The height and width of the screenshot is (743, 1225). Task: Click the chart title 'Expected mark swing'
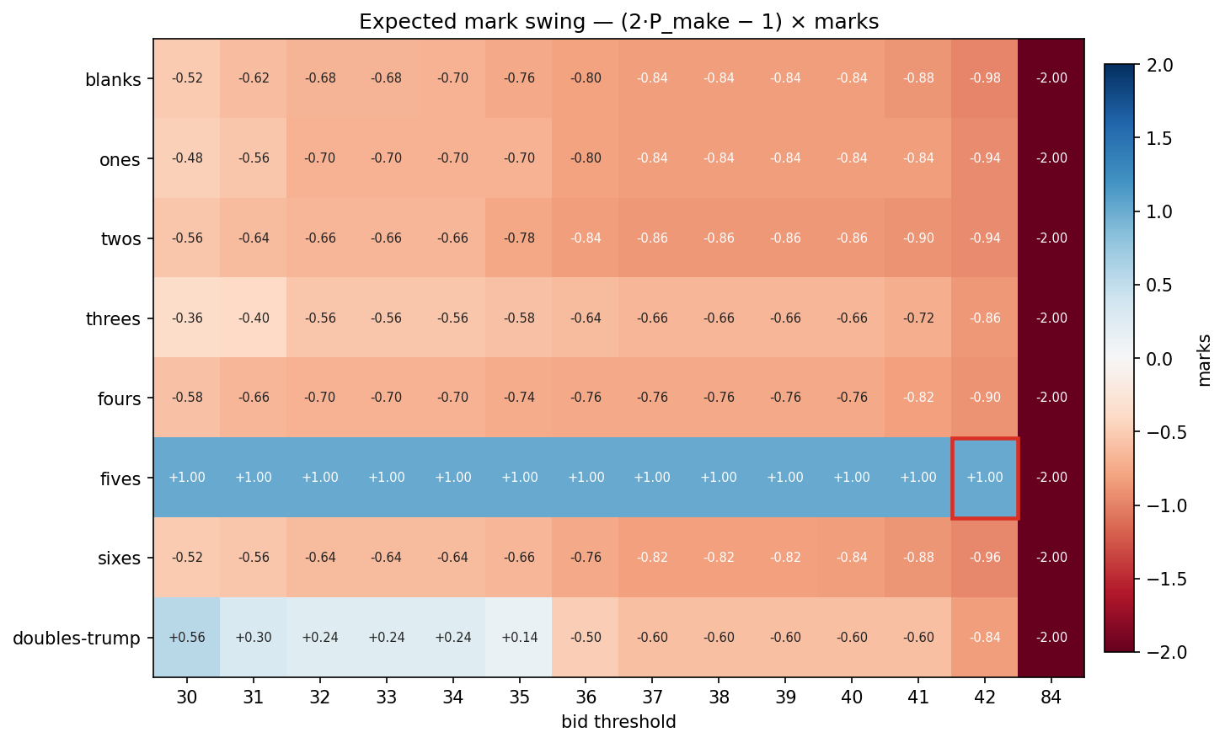(618, 22)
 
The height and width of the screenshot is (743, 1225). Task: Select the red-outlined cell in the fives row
(985, 478)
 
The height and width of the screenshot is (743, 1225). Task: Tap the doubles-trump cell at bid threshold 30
(187, 638)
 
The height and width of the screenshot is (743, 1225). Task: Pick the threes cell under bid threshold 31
(254, 318)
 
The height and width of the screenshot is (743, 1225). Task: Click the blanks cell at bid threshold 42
(985, 78)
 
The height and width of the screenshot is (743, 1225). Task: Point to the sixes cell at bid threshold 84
(1051, 558)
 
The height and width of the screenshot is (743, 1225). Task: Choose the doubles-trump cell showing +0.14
(520, 638)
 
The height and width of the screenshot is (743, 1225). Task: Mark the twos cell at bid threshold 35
(520, 238)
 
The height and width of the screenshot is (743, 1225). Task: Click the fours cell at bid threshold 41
(918, 398)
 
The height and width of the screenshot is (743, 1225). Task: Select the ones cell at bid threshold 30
(187, 158)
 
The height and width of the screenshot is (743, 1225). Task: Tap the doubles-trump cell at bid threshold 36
(586, 638)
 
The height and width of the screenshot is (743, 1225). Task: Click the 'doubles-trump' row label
(77, 639)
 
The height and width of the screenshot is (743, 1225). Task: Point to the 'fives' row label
(120, 478)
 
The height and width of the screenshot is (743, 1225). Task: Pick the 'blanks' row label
(113, 81)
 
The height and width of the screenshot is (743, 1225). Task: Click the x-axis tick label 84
(1051, 698)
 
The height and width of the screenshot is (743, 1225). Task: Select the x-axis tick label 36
(586, 698)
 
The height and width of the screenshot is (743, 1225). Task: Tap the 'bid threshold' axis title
(618, 722)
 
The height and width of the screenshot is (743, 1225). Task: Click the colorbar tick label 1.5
(1160, 139)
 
